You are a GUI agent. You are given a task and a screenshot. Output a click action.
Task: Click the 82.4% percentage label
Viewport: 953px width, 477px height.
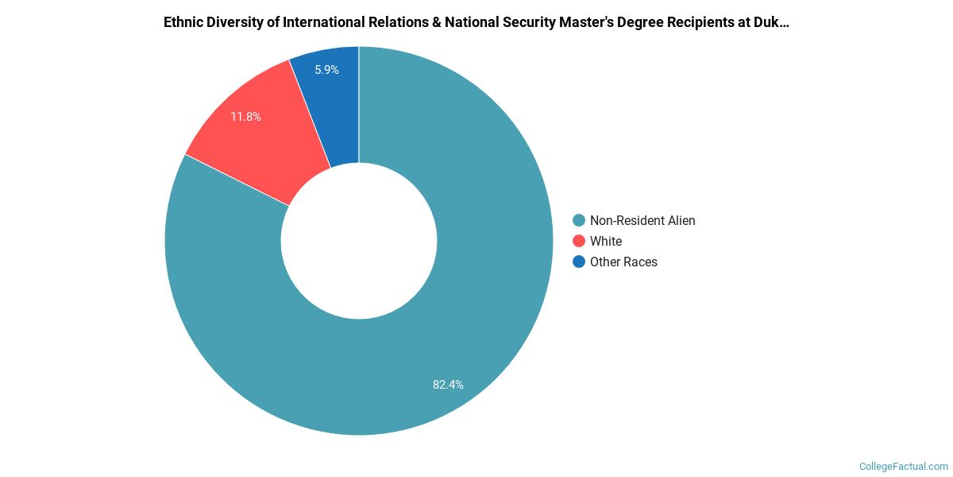pyautogui.click(x=448, y=385)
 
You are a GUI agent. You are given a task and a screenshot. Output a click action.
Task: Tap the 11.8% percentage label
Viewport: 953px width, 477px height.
pyautogui.click(x=245, y=117)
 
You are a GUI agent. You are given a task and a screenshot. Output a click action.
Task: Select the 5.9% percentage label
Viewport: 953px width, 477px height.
pyautogui.click(x=326, y=70)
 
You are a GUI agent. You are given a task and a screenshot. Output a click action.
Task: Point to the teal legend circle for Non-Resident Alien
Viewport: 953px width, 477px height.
pyautogui.click(x=579, y=220)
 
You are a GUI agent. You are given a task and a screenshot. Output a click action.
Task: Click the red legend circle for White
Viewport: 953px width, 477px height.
pyautogui.click(x=579, y=241)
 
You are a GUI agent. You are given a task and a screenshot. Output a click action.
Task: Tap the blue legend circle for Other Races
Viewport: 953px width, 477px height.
pyautogui.click(x=579, y=262)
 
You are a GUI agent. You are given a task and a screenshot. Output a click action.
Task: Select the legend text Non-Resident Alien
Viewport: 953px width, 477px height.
pyautogui.click(x=642, y=220)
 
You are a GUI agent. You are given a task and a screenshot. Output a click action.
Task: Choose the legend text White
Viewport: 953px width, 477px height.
pyautogui.click(x=606, y=241)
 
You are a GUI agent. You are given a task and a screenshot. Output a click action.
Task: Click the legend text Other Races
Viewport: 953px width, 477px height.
pyautogui.click(x=623, y=262)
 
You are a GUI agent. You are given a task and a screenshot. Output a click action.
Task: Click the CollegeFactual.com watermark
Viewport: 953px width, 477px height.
pyautogui.click(x=904, y=467)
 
